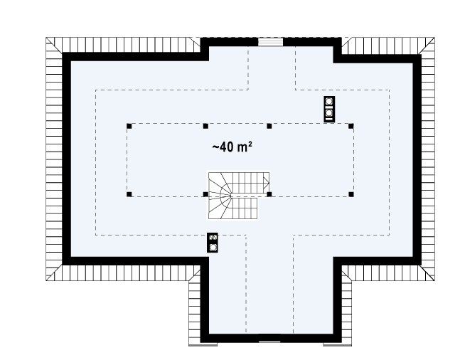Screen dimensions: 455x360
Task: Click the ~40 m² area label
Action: [x=232, y=147]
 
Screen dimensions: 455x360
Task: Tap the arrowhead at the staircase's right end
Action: [x=266, y=183]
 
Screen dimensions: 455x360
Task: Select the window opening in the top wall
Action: [x=270, y=42]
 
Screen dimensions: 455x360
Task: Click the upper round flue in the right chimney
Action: [x=329, y=102]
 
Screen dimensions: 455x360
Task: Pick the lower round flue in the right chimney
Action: [x=329, y=112]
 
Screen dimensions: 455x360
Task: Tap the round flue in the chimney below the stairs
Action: [x=213, y=247]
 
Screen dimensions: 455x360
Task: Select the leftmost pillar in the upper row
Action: [x=129, y=126]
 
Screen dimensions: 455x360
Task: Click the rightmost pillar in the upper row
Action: [x=351, y=126]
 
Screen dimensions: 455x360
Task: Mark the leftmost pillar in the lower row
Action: [x=129, y=194]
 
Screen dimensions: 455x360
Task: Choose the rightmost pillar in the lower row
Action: [x=351, y=194]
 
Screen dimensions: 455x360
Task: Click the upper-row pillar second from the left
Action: [x=205, y=126]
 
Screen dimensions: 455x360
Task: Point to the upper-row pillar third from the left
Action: [x=269, y=126]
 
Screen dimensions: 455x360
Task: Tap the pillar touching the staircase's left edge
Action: [x=205, y=194]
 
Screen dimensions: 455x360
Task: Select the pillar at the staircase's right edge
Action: [x=269, y=194]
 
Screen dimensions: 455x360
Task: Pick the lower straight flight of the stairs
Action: [x=245, y=208]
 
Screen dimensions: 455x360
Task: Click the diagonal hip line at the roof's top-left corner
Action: [x=54, y=46]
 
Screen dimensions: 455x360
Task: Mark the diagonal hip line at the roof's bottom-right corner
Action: [x=427, y=272]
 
